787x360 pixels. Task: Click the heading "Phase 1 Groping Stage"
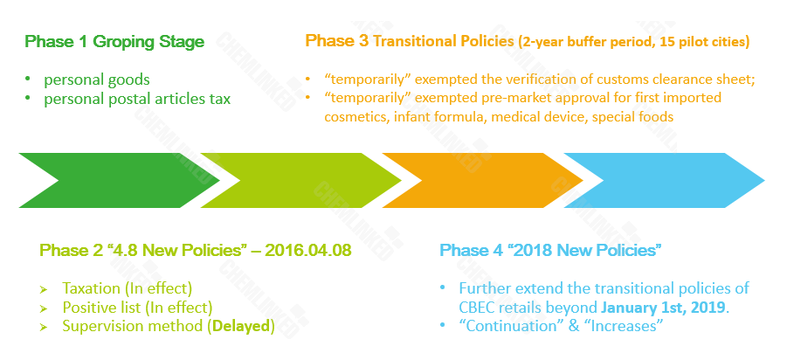click(114, 42)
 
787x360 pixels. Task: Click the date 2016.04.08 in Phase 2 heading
click(308, 251)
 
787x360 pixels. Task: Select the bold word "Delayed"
click(241, 327)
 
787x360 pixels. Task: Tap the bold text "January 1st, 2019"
click(664, 308)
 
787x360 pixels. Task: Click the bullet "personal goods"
click(97, 80)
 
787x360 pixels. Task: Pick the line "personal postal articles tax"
click(137, 100)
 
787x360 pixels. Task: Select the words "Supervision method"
click(133, 327)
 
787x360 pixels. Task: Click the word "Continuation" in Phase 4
click(510, 327)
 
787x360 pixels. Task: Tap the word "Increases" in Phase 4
click(624, 327)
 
